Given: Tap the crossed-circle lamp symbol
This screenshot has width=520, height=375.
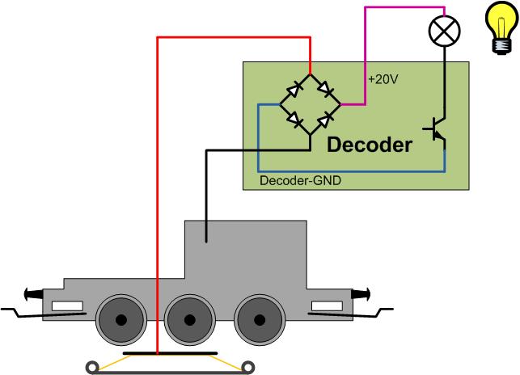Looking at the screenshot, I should tap(443, 31).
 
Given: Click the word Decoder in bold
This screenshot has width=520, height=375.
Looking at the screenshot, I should tap(369, 145).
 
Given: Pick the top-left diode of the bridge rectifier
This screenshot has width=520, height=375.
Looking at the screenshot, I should tap(296, 86).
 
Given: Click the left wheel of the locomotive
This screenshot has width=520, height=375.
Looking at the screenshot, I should tap(120, 319).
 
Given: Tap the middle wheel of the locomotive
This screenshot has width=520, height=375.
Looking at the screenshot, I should tap(188, 319).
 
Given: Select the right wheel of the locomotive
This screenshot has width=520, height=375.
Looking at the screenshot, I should tap(259, 319).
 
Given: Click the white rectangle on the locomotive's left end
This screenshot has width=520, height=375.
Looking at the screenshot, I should tap(67, 306).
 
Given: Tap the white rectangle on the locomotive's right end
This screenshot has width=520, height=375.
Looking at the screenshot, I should tap(328, 305).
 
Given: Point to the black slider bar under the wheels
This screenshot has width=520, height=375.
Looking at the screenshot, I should tap(170, 354).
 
